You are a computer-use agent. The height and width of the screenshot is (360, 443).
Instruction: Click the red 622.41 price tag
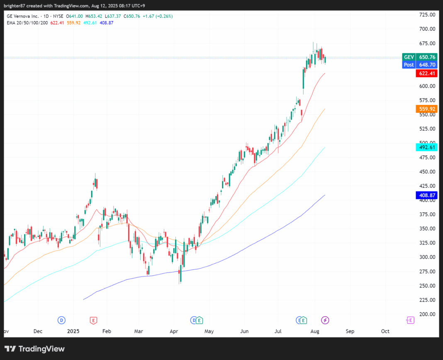point(426,73)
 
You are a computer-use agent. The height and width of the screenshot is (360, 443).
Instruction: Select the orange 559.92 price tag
point(426,109)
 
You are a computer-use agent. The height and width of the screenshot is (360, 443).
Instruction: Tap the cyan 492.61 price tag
point(426,147)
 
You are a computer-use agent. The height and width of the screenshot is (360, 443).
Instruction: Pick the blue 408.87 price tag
point(426,195)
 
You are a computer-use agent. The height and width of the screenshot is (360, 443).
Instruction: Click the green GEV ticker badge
point(409,57)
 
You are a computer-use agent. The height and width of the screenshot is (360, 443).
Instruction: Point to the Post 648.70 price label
point(419,65)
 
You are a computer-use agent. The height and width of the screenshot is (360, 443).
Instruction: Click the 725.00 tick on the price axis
point(427,15)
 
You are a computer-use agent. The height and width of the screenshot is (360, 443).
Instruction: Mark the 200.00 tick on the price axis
point(427,314)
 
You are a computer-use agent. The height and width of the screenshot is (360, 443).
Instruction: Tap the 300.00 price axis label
point(427,257)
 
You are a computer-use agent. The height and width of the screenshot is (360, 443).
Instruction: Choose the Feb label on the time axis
point(107,331)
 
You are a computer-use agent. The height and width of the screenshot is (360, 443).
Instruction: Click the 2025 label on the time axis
point(73,331)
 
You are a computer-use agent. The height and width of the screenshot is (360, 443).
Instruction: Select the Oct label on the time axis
point(385,331)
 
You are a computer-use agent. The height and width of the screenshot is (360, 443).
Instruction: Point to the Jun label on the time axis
point(245,331)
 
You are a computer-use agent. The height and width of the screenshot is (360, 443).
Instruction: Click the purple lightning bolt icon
point(326,320)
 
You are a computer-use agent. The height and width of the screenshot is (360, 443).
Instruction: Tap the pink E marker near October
point(410,320)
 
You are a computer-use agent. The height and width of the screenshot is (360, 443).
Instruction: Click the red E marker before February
point(94,320)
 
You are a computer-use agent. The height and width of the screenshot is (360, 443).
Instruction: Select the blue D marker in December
point(61,320)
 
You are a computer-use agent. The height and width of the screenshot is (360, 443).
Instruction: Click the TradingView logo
point(35,349)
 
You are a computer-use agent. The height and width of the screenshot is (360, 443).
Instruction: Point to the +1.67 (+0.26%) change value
point(158,16)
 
